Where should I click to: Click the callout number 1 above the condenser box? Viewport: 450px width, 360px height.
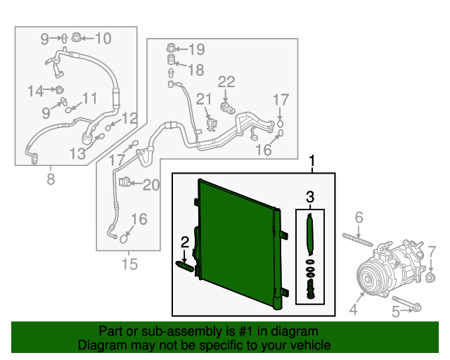pos(312,163)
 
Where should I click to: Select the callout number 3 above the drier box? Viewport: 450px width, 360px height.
pos(310,197)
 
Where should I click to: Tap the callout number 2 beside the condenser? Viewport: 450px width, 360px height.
pos(185,243)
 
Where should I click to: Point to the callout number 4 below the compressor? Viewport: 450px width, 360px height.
pos(354,308)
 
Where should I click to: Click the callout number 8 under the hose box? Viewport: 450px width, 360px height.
pos(50,179)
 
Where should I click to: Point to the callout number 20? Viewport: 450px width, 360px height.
pos(151,185)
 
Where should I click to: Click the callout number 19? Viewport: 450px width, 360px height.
pos(195,49)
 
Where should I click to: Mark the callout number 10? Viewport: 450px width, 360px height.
pos(103,38)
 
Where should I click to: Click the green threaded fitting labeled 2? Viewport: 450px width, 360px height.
pos(184,266)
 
